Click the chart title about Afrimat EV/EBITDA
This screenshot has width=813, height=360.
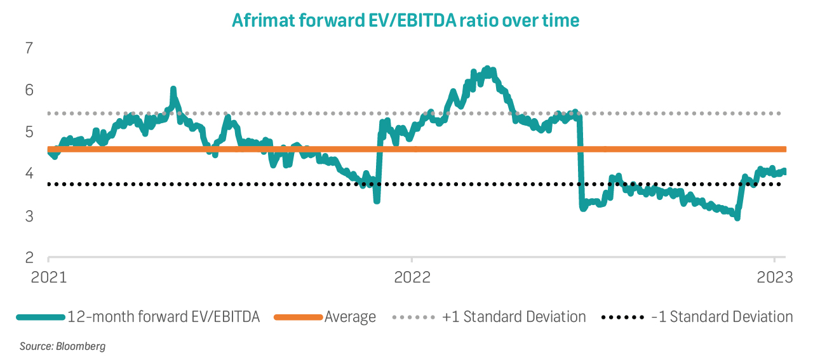(x=405, y=20)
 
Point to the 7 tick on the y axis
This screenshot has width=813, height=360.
(x=29, y=48)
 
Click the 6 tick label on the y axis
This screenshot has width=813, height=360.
(x=29, y=90)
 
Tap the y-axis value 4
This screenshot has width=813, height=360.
(x=29, y=174)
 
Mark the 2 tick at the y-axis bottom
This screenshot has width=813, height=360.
(x=29, y=258)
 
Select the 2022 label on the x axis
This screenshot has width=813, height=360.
(x=412, y=277)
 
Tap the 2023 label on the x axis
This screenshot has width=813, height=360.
(x=774, y=277)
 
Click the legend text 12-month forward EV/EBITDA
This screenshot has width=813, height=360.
(x=164, y=316)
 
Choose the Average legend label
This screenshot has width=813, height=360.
(x=350, y=316)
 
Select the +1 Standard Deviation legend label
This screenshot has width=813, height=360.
(x=514, y=316)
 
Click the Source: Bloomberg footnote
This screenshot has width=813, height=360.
(x=62, y=347)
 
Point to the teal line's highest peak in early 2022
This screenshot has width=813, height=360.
(x=487, y=68)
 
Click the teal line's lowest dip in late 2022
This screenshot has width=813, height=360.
(x=737, y=218)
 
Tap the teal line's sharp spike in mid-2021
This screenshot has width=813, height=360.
(x=173, y=89)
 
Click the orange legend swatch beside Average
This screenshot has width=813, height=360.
(x=298, y=316)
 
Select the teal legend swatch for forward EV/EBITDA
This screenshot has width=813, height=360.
(x=41, y=316)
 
